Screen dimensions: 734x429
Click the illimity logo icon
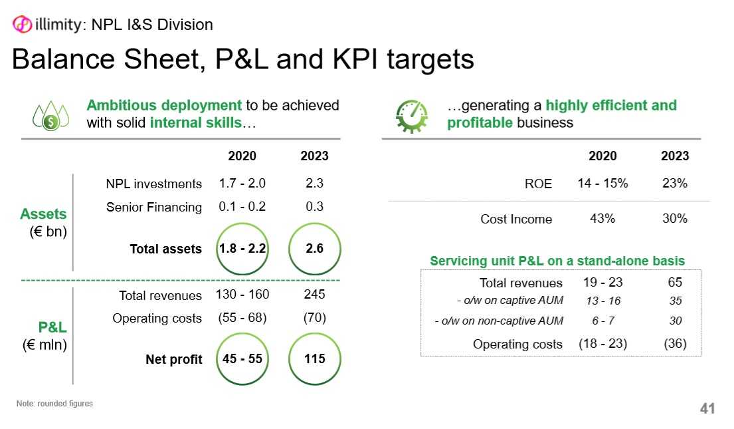pos(21,24)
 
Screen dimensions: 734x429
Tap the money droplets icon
pos(50,116)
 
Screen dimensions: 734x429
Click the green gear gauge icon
pos(411,116)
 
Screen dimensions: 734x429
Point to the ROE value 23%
pos(675,184)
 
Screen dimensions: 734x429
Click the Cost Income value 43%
pos(602,218)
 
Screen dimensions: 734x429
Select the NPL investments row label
pos(153,184)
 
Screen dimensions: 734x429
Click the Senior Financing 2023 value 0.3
pos(315,207)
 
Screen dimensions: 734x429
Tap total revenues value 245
pos(315,295)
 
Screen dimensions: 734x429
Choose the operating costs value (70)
pos(315,318)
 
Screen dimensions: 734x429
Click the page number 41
pos(707,408)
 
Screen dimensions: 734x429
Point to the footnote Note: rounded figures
pos(54,404)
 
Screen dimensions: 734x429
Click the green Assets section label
pos(44,214)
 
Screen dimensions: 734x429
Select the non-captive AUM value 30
pos(675,321)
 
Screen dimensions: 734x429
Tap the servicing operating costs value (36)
pos(675,344)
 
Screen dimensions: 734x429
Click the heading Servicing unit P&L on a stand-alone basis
pos(557,261)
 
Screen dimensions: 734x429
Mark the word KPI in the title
pos(356,60)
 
